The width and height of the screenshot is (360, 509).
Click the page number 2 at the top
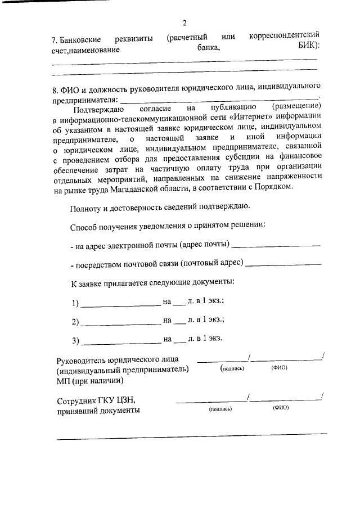coord(184,23)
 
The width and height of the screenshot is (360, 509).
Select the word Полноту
coord(87,208)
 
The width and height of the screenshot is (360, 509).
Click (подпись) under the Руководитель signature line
coord(232,368)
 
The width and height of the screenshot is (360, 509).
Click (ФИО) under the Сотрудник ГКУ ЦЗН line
coord(280,409)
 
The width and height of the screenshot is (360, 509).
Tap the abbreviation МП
coord(63,380)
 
